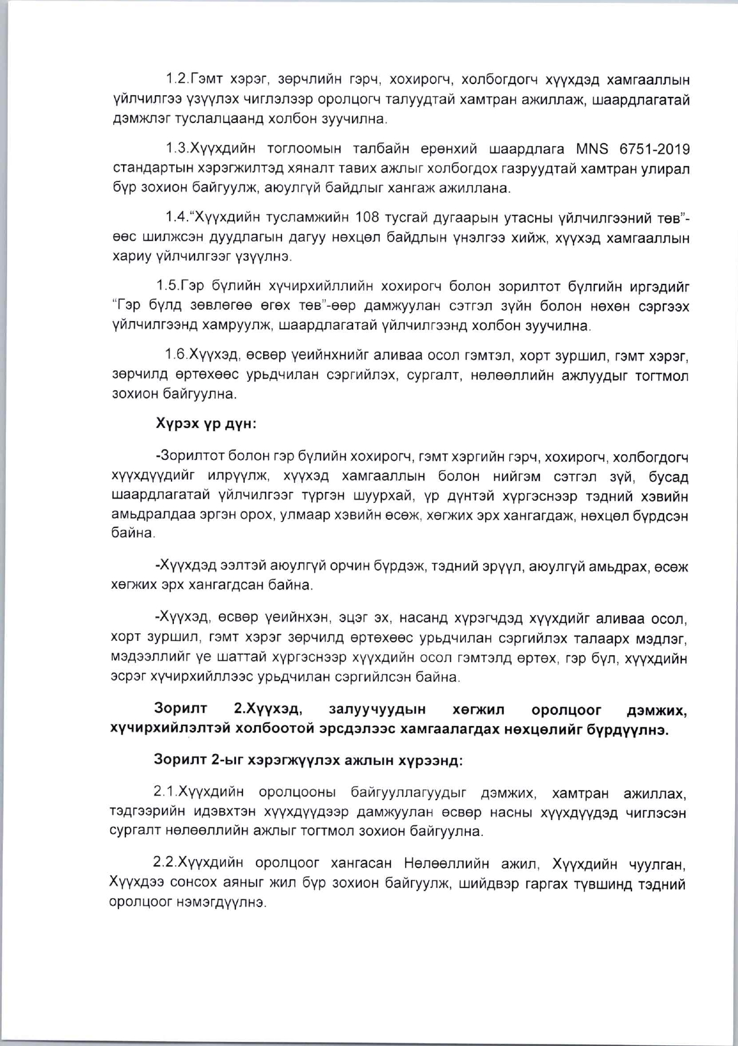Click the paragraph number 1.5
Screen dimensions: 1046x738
(x=168, y=286)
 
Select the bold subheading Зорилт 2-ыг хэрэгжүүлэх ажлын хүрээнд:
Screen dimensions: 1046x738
(x=308, y=760)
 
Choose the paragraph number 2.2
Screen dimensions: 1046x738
(x=166, y=864)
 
